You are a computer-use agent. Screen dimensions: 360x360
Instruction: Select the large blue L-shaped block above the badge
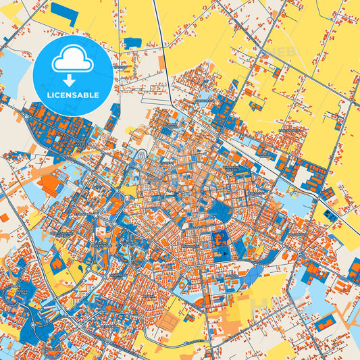click(65, 13)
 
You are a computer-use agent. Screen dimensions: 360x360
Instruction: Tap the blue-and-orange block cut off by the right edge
click(354, 270)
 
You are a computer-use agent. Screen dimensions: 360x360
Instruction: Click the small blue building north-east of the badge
click(132, 43)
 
